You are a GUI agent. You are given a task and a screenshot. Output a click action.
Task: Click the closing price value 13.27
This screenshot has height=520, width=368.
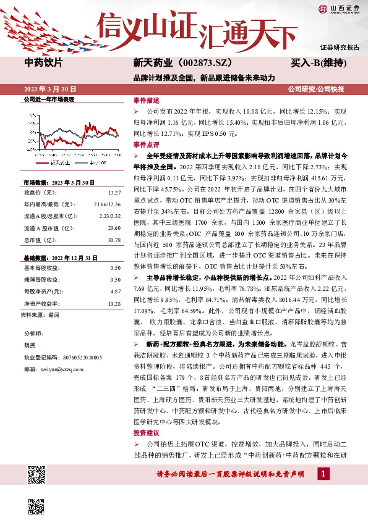pos(114,192)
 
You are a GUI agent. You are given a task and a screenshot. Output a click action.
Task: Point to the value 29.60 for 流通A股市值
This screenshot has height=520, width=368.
pos(114,229)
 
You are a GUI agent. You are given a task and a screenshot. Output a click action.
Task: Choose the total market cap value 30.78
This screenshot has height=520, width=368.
pos(114,240)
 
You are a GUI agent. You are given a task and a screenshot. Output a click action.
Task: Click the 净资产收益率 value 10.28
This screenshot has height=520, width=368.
pos(114,303)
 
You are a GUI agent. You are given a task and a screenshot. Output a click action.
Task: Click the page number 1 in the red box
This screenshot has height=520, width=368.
pos(323,473)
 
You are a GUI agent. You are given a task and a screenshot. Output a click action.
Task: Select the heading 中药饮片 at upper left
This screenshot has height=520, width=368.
pos(43,63)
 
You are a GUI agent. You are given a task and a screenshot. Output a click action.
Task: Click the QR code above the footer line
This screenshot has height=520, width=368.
pos(36,476)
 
